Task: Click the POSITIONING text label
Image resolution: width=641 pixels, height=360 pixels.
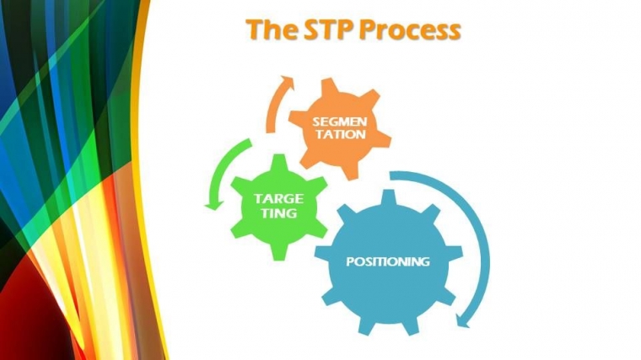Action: (388, 261)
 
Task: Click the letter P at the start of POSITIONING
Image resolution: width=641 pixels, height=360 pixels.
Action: (350, 261)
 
